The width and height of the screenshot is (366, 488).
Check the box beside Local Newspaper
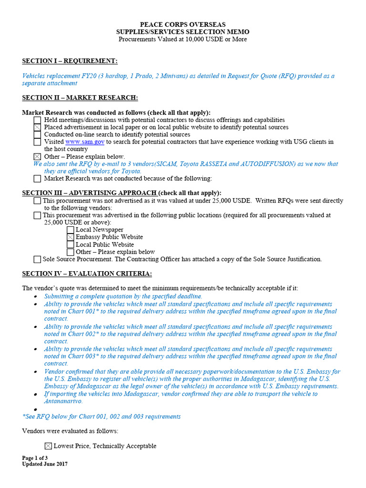pyautogui.click(x=71, y=230)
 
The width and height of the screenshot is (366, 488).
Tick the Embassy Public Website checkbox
pyautogui.click(x=71, y=237)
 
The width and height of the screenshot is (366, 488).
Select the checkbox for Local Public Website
pyautogui.click(x=71, y=244)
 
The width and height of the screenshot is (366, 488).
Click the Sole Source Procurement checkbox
pyautogui.click(x=37, y=260)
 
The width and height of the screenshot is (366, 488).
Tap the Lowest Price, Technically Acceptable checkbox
pyautogui.click(x=48, y=446)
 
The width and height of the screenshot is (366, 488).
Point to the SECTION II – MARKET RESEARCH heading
pyautogui.click(x=80, y=98)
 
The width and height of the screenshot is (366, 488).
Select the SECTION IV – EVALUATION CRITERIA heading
pyautogui.click(x=87, y=274)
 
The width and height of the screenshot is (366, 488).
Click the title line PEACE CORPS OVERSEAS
pyautogui.click(x=183, y=24)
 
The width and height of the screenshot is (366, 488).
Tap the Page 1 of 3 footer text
pyautogui.click(x=35, y=458)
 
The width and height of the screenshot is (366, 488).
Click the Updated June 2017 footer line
pyautogui.click(x=45, y=464)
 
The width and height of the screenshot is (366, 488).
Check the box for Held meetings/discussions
pyautogui.click(x=37, y=121)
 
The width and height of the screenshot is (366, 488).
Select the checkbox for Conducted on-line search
pyautogui.click(x=37, y=135)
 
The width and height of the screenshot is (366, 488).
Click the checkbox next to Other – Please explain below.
pyautogui.click(x=37, y=157)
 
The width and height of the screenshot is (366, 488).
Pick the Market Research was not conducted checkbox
pyautogui.click(x=37, y=179)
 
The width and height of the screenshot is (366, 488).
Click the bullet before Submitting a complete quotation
pyautogui.click(x=36, y=297)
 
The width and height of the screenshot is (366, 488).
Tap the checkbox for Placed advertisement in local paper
pyautogui.click(x=37, y=128)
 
